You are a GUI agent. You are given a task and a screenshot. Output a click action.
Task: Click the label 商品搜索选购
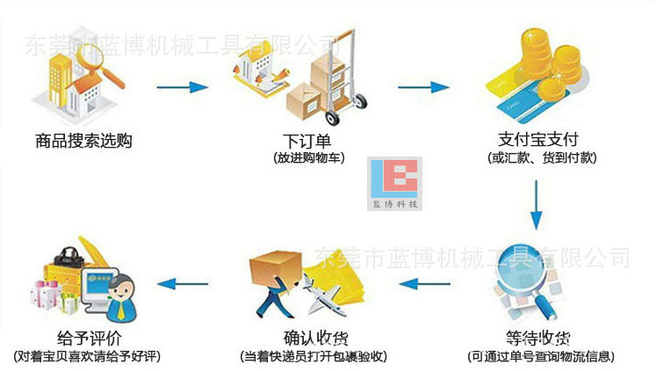point(84,140)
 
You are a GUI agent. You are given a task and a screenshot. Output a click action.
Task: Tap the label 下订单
point(307,140)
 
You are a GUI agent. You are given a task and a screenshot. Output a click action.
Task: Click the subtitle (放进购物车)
point(308,158)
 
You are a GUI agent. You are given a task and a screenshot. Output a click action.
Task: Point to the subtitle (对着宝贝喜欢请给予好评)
point(87,357)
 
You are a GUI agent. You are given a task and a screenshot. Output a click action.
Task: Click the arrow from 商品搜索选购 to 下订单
point(183,87)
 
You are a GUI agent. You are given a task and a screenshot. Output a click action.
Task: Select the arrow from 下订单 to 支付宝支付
point(423,87)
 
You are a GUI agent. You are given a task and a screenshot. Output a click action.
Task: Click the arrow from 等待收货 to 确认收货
point(424,284)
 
